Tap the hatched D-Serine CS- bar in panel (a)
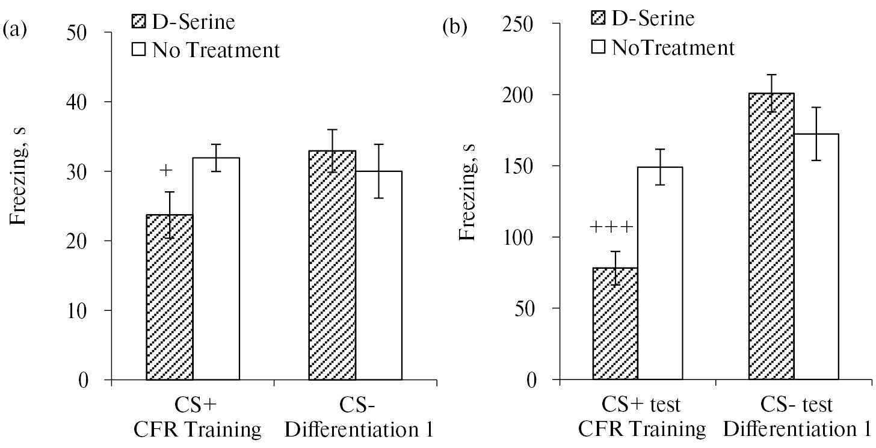332,265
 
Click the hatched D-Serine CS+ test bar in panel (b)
615,324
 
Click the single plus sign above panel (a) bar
166,171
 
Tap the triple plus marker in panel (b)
611,227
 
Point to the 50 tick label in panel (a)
84,32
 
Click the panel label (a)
14,29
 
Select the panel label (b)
455,27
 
